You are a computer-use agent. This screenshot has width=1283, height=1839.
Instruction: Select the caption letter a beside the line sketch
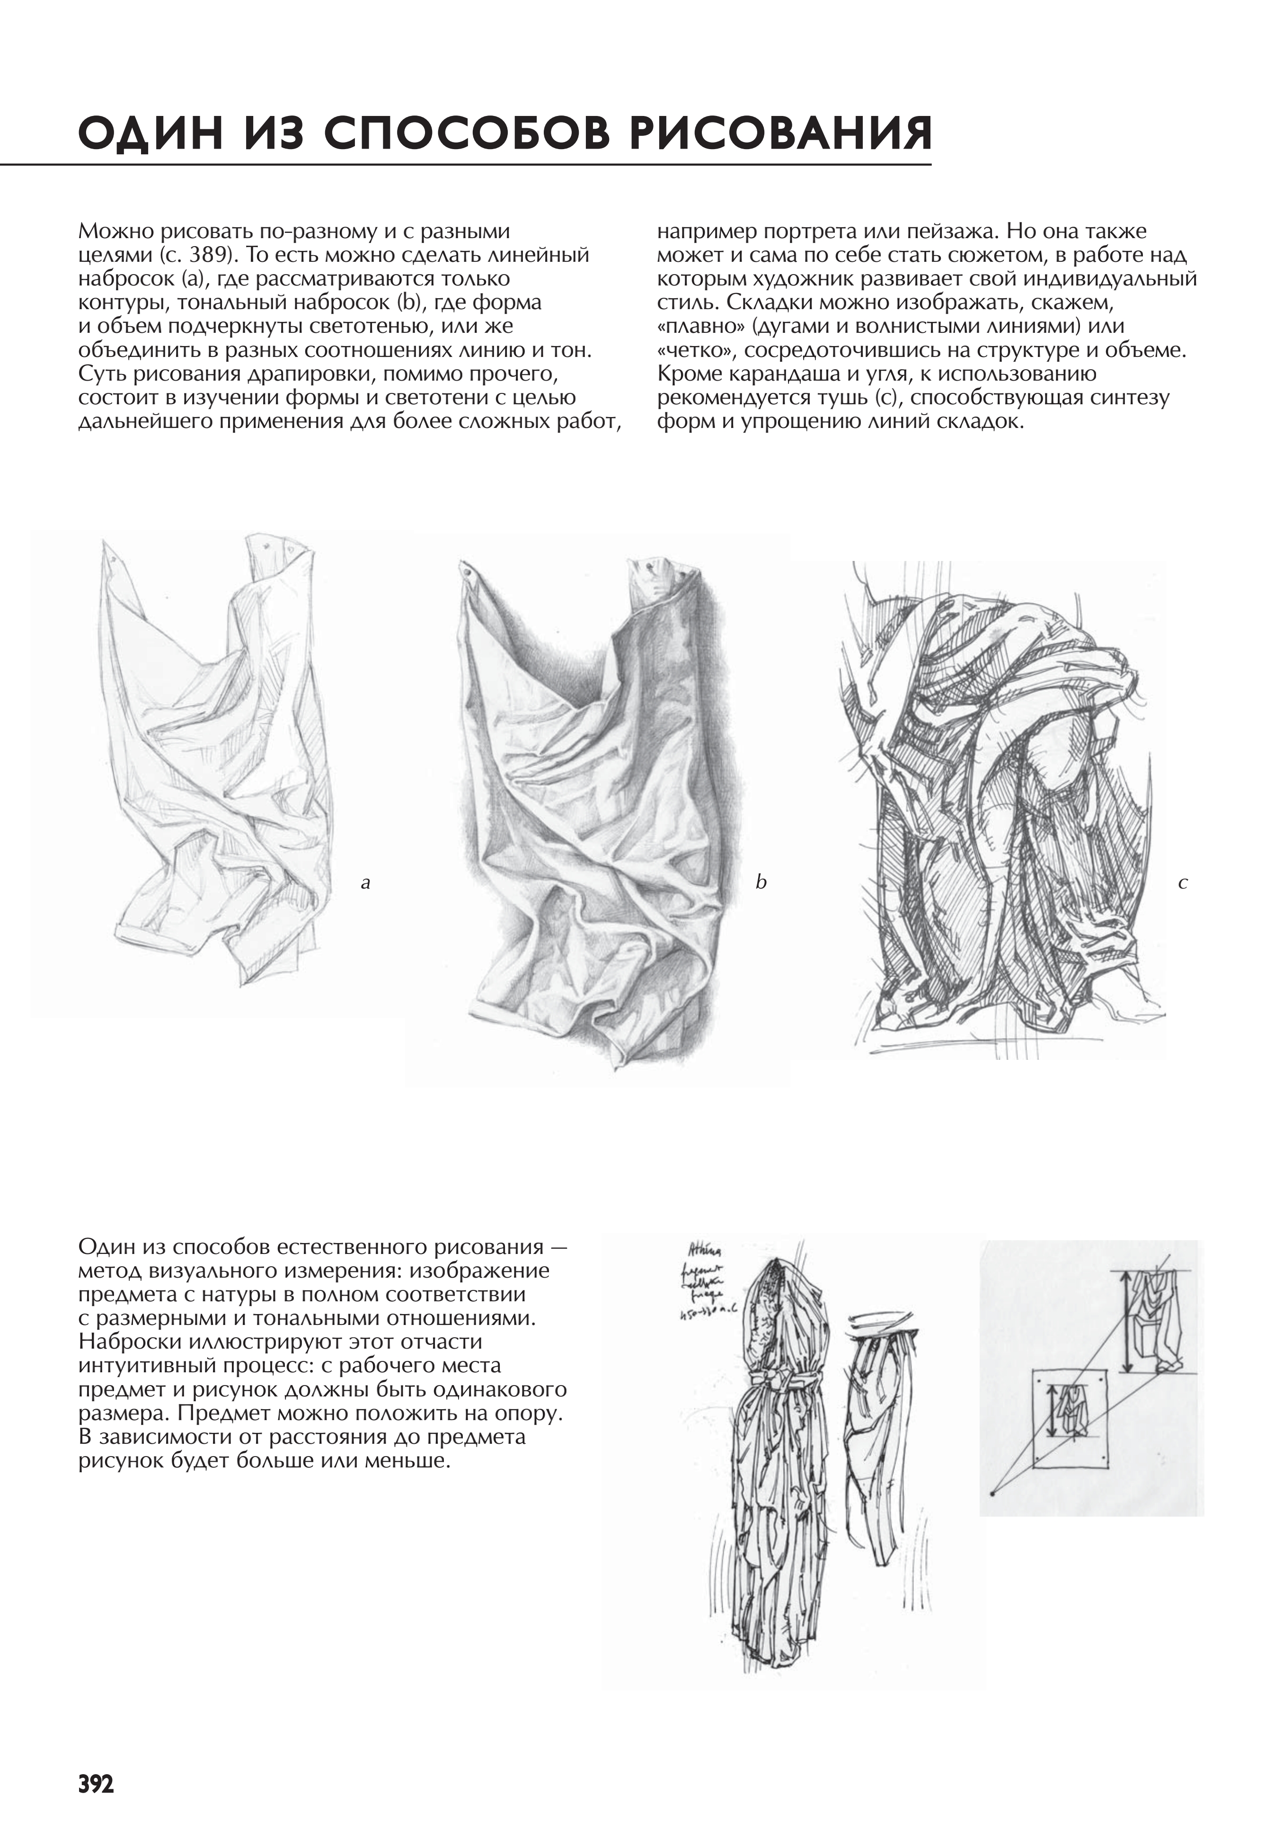click(365, 883)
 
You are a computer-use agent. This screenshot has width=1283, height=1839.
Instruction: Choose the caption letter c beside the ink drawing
click(1183, 883)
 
